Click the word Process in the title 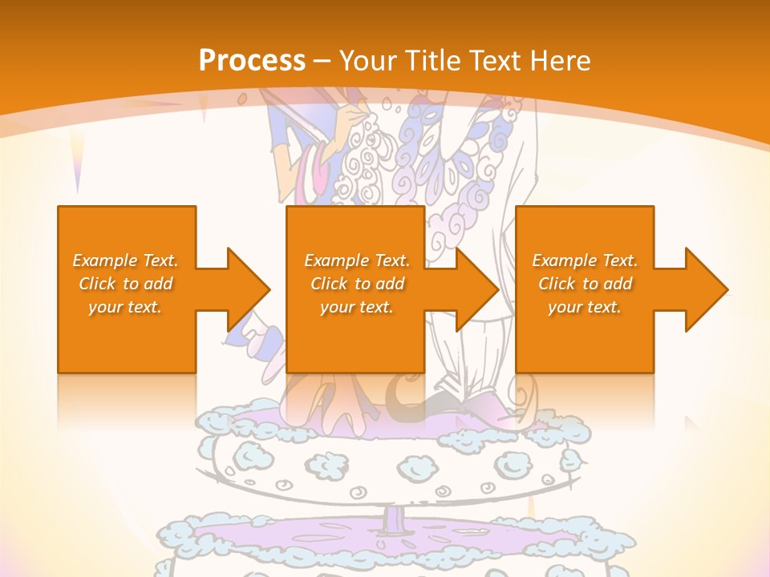(x=252, y=60)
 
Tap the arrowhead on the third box (x=705, y=289)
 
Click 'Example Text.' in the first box (x=125, y=260)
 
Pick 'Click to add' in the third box (x=585, y=284)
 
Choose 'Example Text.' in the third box (x=585, y=260)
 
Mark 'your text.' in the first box (x=125, y=307)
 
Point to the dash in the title (x=322, y=61)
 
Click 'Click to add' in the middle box (x=356, y=284)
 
